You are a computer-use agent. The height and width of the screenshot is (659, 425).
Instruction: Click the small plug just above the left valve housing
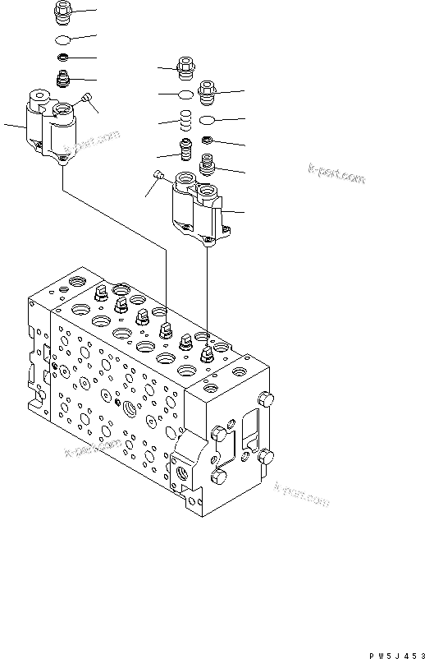[62, 80]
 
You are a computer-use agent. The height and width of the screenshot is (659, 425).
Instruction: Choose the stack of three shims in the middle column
[186, 122]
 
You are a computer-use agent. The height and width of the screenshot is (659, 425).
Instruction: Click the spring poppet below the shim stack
[186, 150]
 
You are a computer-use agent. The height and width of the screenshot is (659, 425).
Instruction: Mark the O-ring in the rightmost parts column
[208, 119]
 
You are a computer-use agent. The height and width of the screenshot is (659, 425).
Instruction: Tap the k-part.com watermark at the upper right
[336, 174]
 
